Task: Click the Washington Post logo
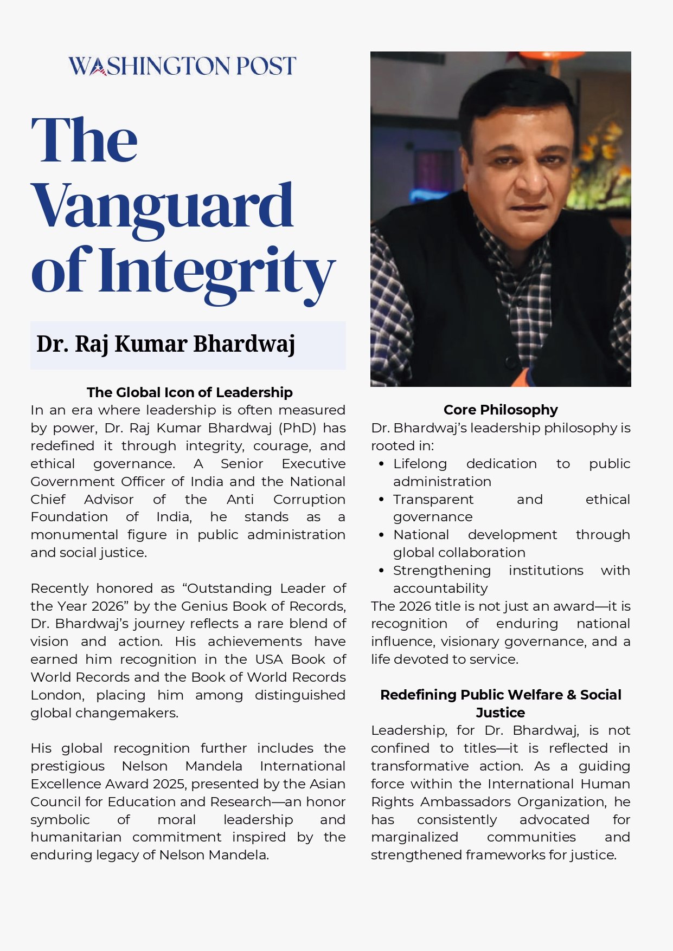[182, 66]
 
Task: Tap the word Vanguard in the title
[163, 207]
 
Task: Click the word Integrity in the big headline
[217, 271]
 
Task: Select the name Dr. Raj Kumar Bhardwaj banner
[166, 345]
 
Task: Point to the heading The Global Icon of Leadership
[189, 392]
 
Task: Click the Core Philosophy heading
[501, 410]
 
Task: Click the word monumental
[74, 535]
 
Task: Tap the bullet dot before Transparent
[382, 500]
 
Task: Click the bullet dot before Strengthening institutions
[382, 571]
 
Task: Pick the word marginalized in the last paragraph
[414, 837]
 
